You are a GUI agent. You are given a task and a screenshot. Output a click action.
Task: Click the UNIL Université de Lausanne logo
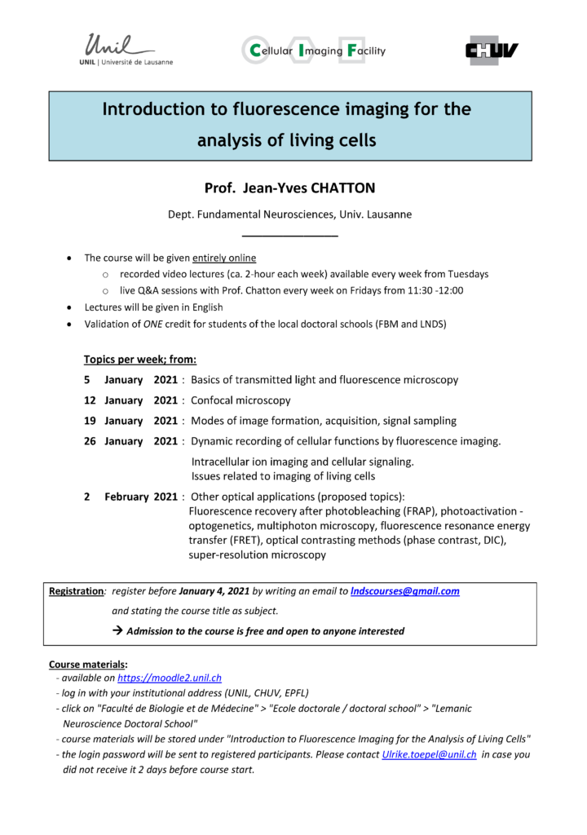coord(129,50)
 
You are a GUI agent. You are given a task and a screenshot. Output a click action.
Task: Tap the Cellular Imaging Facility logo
coord(313,51)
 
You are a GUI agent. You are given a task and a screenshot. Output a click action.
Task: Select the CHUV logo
coord(492,51)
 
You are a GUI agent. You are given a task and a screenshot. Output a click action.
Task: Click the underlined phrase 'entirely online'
coord(224,258)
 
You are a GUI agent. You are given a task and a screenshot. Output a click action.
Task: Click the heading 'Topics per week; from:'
coord(139,359)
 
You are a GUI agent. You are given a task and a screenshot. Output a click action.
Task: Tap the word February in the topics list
coord(126,496)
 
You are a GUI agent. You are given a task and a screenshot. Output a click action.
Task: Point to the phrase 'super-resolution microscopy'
coord(257,555)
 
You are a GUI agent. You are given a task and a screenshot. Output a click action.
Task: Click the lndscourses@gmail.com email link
coord(404,591)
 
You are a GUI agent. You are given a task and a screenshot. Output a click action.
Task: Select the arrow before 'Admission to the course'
coord(117,631)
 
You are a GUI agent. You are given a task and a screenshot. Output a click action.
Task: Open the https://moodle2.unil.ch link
coord(170,678)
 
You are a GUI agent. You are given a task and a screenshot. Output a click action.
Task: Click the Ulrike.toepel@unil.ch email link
coord(429,754)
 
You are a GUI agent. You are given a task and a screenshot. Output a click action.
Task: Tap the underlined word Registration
coord(76,591)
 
